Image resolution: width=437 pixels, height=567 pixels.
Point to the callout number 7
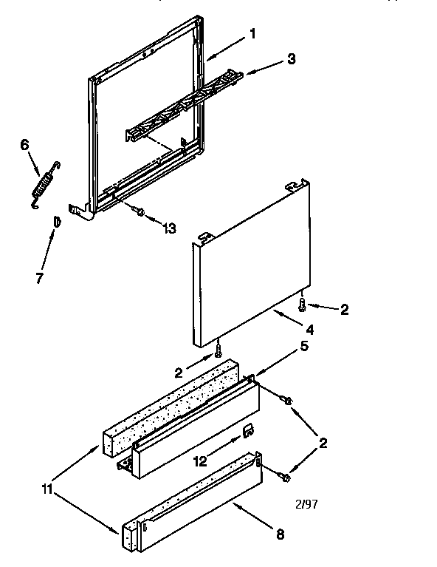pyautogui.click(x=40, y=279)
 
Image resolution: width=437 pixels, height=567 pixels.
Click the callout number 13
pyautogui.click(x=169, y=228)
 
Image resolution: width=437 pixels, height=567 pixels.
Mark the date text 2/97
pyautogui.click(x=306, y=504)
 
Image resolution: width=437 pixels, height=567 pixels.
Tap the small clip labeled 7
pyautogui.click(x=55, y=221)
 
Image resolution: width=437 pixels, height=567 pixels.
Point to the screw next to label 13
pyautogui.click(x=138, y=211)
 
